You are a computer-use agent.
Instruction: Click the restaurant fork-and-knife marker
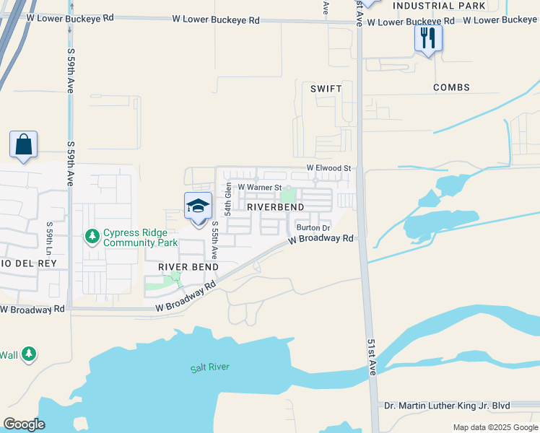pyautogui.click(x=428, y=38)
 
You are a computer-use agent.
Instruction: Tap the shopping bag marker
pyautogui.click(x=24, y=144)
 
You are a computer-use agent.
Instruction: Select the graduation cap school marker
pyautogui.click(x=198, y=207)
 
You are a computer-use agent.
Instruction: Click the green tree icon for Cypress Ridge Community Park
pyautogui.click(x=92, y=236)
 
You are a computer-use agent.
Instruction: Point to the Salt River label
pyautogui.click(x=210, y=367)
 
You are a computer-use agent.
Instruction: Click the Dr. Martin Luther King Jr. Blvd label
pyautogui.click(x=458, y=406)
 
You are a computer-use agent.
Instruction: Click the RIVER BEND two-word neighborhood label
pyautogui.click(x=188, y=267)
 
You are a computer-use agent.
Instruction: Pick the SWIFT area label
pyautogui.click(x=325, y=88)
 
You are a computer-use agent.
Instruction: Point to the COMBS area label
pyautogui.click(x=451, y=87)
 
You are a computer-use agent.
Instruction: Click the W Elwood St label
pyautogui.click(x=328, y=168)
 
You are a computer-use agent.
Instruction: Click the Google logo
pyautogui.click(x=25, y=424)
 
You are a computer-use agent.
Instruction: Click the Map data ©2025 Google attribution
pyautogui.click(x=495, y=427)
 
